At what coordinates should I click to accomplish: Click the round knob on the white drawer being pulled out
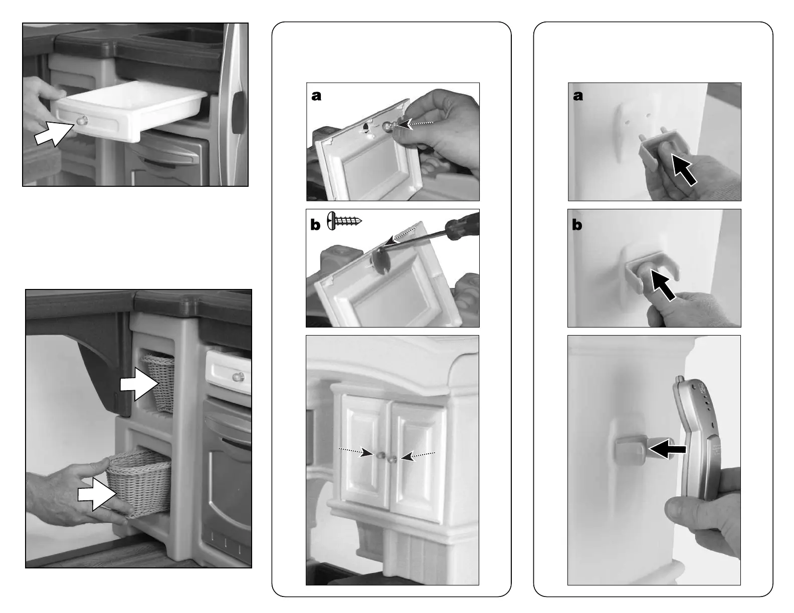pyautogui.click(x=82, y=120)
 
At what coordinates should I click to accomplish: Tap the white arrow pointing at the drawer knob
pyautogui.click(x=54, y=134)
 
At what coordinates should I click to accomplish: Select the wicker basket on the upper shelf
pyautogui.click(x=160, y=382)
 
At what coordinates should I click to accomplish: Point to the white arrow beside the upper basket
pyautogui.click(x=139, y=384)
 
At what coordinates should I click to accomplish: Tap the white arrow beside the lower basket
pyautogui.click(x=97, y=494)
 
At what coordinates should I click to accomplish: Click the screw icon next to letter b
pyautogui.click(x=344, y=220)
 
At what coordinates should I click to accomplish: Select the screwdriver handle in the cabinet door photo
pyautogui.click(x=462, y=227)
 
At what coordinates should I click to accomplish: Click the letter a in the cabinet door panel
pyautogui.click(x=316, y=96)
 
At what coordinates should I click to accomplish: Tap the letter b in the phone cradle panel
pyautogui.click(x=577, y=224)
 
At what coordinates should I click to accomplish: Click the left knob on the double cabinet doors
pyautogui.click(x=380, y=455)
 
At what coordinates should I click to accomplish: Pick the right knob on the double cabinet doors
pyautogui.click(x=393, y=459)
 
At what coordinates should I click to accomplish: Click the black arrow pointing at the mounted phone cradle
pyautogui.click(x=667, y=449)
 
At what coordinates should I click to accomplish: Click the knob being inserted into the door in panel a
pyautogui.click(x=388, y=126)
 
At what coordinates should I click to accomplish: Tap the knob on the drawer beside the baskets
pyautogui.click(x=238, y=376)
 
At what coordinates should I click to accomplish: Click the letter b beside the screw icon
pyautogui.click(x=315, y=225)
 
